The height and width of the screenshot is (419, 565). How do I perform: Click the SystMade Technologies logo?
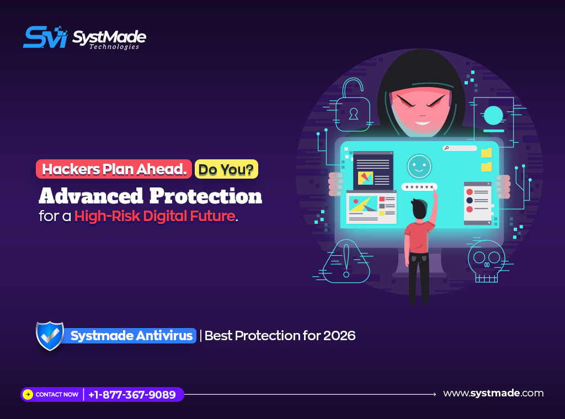pos(84,37)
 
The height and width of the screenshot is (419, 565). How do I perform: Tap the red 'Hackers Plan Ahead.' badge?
pos(114,169)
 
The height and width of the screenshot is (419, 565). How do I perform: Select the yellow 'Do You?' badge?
pos(226,169)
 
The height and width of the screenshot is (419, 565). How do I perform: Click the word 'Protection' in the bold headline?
pos(206,196)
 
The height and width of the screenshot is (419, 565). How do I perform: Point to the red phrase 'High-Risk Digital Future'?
pos(155,216)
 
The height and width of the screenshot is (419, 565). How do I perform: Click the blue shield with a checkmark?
pos(50,336)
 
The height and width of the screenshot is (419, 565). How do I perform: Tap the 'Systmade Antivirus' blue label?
pos(131,336)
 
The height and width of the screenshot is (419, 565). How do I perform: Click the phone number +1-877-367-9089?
pos(132,395)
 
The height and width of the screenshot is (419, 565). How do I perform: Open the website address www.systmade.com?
pos(493,393)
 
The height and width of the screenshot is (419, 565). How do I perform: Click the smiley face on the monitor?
pos(419,166)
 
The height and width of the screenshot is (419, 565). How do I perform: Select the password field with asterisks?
pos(419,187)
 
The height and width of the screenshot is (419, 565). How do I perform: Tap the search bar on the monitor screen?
pos(460,148)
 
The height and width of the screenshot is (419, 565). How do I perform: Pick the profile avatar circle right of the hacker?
pos(493,116)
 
